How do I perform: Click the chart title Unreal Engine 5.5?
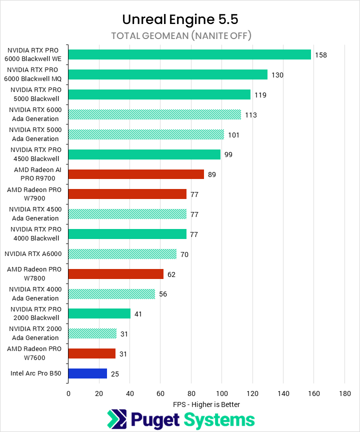(180, 19)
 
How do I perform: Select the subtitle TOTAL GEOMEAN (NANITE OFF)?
(180, 35)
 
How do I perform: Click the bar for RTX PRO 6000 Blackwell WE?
(189, 54)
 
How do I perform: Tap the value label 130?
(277, 75)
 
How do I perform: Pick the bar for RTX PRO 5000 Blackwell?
(159, 94)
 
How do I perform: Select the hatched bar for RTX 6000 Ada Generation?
(154, 114)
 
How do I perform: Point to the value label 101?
(234, 134)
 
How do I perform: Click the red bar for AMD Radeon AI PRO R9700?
(136, 174)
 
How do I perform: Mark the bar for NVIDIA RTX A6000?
(122, 254)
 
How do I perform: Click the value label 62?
(171, 274)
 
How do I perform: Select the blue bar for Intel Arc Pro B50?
(87, 373)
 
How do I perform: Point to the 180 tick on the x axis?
(344, 393)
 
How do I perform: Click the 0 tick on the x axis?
(68, 393)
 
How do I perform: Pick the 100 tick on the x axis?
(221, 393)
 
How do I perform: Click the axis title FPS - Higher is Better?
(206, 404)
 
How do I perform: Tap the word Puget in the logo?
(155, 419)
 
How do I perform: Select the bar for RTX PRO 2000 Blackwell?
(99, 313)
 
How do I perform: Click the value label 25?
(115, 373)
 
